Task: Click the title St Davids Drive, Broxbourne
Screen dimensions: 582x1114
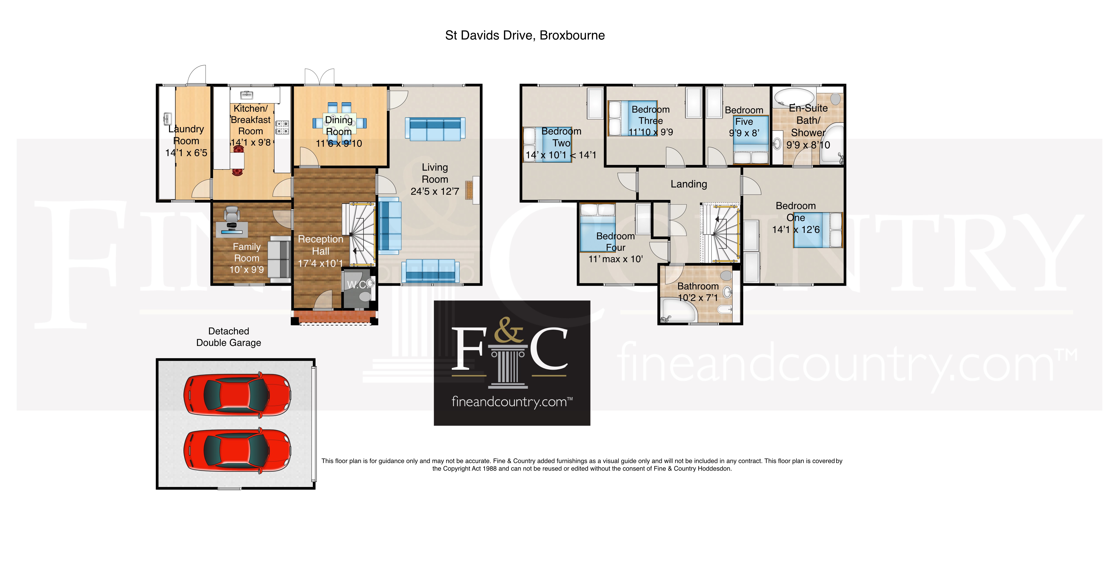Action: (x=525, y=35)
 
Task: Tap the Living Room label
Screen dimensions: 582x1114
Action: (x=435, y=173)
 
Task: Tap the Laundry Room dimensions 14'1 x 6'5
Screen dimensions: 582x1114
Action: (x=186, y=153)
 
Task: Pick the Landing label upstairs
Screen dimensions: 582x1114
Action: (x=688, y=184)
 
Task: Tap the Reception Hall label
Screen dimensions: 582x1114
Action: (x=320, y=245)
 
